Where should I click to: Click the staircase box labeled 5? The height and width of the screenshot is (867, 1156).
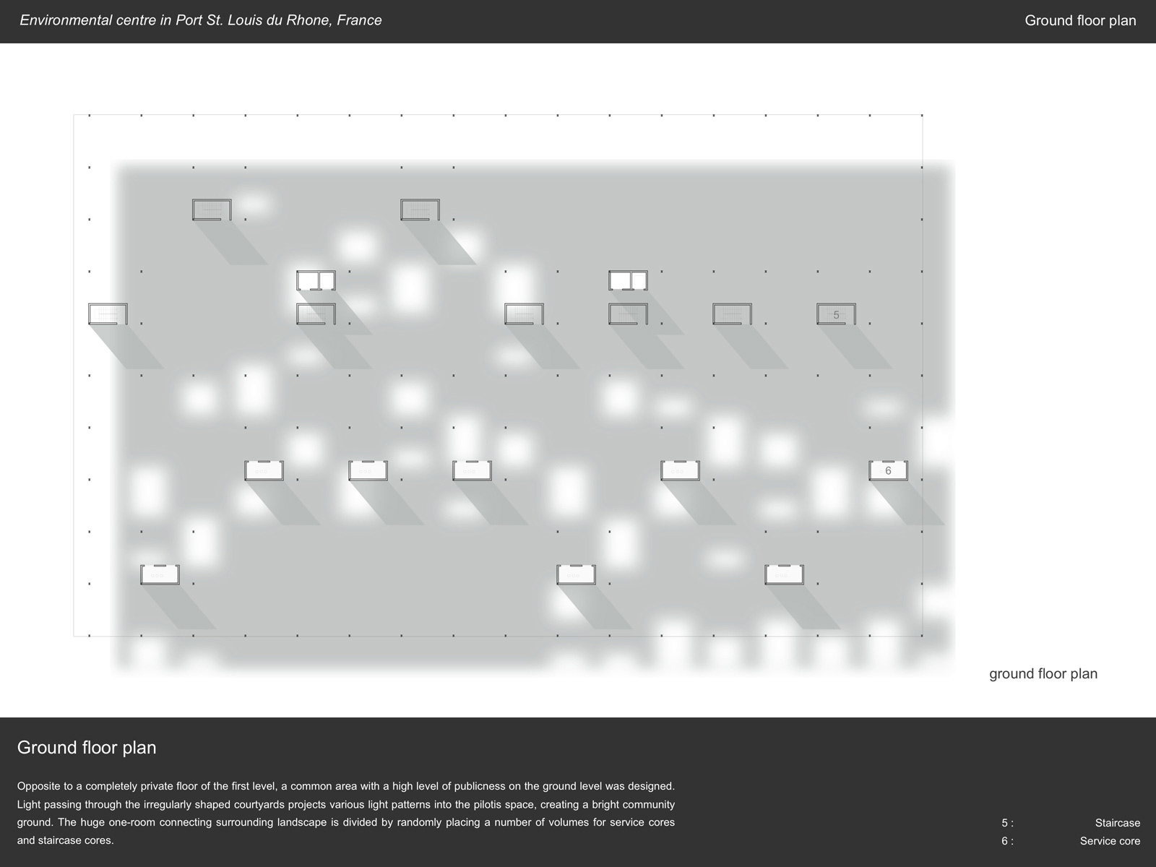(836, 314)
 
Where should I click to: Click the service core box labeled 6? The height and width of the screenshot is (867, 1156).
(888, 470)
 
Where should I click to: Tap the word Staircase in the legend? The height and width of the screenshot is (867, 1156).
(1118, 823)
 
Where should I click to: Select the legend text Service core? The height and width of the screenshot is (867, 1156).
(1110, 841)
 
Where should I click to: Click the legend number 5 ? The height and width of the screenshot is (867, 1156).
(1007, 823)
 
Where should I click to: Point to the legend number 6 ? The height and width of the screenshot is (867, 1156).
(1007, 841)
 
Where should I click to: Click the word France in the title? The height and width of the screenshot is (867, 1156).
(359, 20)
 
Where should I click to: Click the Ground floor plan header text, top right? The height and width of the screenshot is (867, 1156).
(1080, 20)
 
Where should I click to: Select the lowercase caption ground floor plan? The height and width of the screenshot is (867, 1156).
(1043, 674)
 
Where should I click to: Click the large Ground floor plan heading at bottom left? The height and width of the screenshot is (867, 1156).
(87, 748)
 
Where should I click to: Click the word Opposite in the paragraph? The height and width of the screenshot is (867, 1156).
(37, 787)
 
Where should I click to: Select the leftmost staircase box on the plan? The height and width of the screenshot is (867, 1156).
(108, 314)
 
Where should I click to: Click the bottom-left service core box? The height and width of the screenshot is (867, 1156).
(160, 575)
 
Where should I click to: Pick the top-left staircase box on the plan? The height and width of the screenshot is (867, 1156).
(212, 210)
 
